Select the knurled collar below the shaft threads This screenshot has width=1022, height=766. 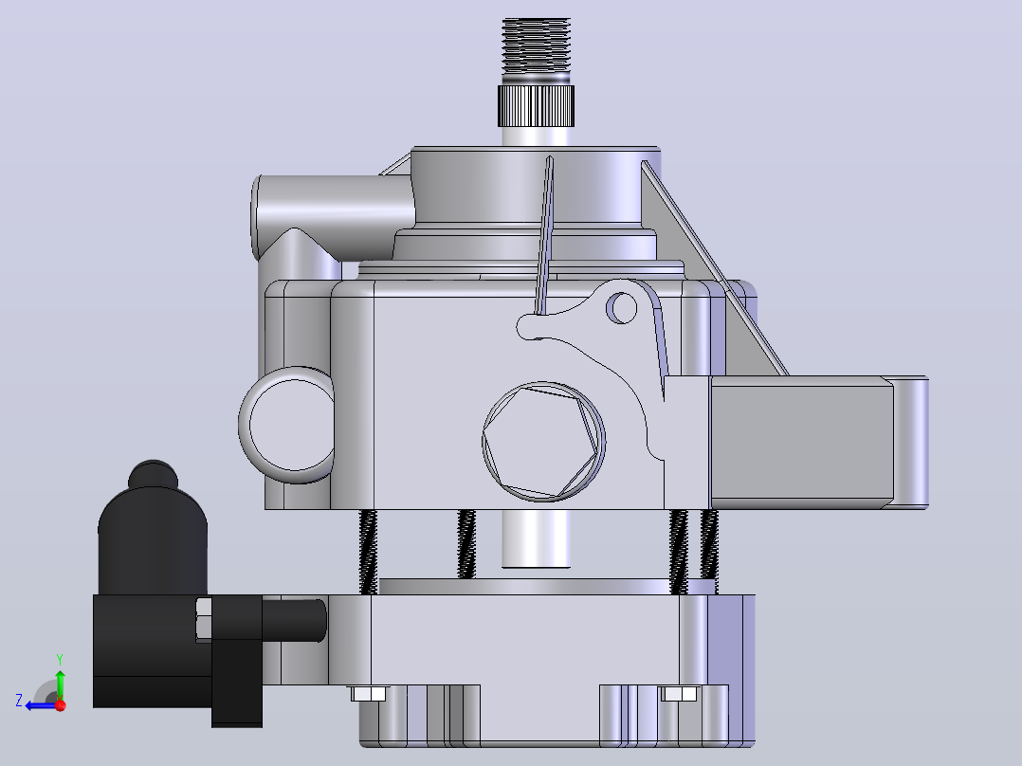(536, 105)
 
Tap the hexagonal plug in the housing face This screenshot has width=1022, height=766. (543, 442)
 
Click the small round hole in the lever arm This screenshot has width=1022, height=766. (622, 308)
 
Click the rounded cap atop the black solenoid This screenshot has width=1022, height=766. (153, 474)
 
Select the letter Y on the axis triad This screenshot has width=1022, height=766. (60, 659)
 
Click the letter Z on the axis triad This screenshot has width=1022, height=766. (19, 701)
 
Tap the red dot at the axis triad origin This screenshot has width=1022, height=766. (61, 705)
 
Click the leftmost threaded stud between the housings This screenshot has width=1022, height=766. (368, 552)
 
